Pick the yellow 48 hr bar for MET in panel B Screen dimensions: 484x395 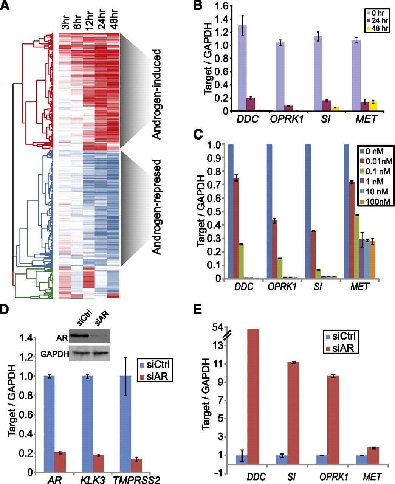tap(373, 106)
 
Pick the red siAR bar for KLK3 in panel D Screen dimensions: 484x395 tap(98, 464)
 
